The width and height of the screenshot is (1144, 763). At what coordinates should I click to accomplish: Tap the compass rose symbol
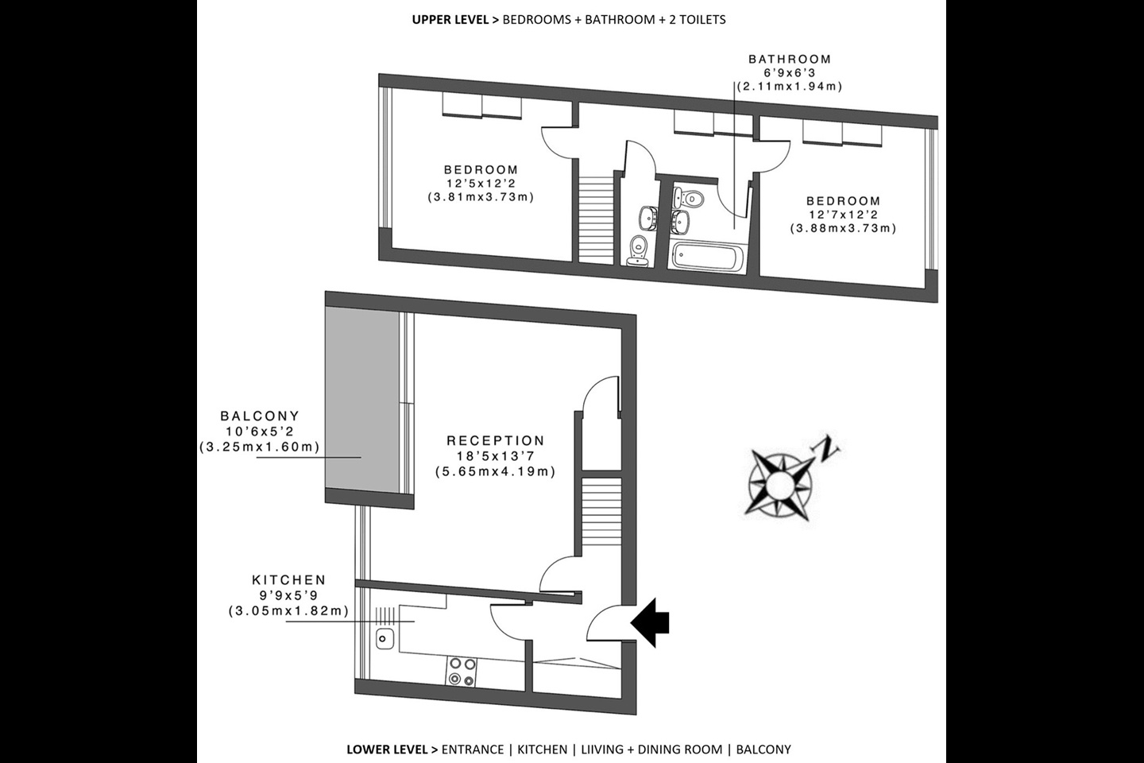779,483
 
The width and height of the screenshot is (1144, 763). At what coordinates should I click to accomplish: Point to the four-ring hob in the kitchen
462,671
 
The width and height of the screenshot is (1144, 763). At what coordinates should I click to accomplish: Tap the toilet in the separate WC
637,250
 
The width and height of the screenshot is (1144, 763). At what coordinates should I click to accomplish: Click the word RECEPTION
495,440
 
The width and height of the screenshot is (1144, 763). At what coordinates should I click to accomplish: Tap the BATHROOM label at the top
790,59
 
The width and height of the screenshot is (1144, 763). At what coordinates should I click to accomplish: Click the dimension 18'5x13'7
495,456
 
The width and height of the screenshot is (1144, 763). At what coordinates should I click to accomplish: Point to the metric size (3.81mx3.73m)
481,196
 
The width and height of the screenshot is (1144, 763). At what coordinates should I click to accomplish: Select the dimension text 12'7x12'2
843,215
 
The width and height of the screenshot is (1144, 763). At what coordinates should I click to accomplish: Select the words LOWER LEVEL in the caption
385,749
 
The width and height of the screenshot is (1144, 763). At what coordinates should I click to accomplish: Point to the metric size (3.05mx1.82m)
288,610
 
